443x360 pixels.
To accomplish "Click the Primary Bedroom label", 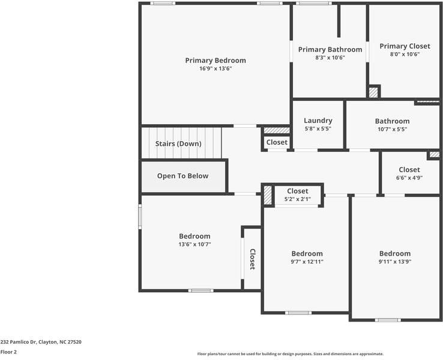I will [x=215, y=60].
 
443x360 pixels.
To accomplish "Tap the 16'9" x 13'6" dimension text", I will [x=215, y=68].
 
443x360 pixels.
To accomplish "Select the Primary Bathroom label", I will [x=330, y=49].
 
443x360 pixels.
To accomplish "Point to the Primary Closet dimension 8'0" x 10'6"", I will [x=404, y=54].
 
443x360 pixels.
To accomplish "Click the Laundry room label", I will [x=318, y=120].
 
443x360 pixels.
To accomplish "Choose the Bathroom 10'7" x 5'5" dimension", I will [x=392, y=128].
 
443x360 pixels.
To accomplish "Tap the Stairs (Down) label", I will [x=178, y=143].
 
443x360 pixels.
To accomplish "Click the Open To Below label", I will [x=182, y=176].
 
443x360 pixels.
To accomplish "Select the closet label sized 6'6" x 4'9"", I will [x=409, y=170].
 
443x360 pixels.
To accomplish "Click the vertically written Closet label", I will [x=252, y=259].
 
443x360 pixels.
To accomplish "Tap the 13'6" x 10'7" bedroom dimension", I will [x=194, y=244].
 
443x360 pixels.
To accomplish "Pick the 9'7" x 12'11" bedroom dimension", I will [x=307, y=262].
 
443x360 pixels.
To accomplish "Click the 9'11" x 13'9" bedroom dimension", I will [x=394, y=262].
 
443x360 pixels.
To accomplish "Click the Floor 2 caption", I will [x=8, y=352].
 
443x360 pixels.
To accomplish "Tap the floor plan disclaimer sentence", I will [x=290, y=353].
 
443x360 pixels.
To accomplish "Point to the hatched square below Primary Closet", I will [x=373, y=92].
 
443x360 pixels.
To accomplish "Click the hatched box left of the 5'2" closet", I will [x=267, y=196].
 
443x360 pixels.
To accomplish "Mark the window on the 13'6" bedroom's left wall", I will [x=140, y=216].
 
